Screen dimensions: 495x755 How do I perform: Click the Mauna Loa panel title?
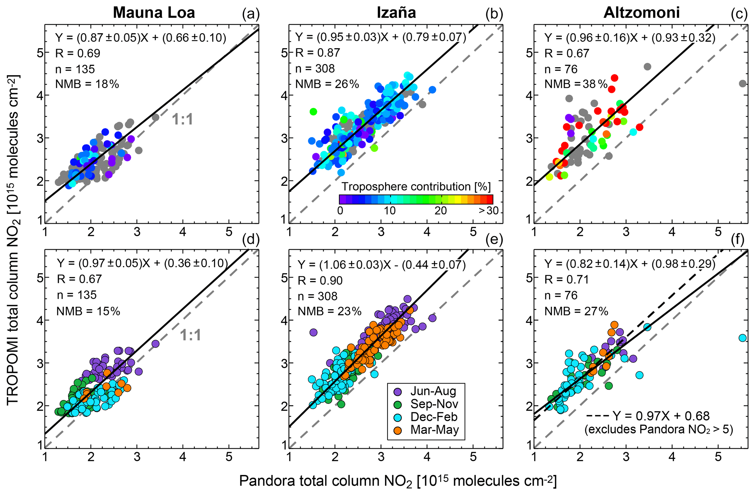coord(154,12)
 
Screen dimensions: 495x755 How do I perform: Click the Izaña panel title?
coord(396,12)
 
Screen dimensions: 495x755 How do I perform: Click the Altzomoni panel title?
coord(641,12)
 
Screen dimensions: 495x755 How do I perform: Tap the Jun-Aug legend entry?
coord(433,391)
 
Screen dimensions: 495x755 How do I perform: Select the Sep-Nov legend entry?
coord(434,404)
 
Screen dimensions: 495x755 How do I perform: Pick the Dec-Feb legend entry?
coord(434,417)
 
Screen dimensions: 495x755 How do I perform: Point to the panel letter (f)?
coord(738,239)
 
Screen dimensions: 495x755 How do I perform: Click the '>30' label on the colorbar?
coord(488,211)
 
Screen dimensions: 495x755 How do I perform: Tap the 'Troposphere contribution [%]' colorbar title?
coord(416,187)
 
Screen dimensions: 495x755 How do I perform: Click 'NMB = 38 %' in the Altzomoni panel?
coord(576,84)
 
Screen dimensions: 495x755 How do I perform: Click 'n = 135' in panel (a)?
coord(75,69)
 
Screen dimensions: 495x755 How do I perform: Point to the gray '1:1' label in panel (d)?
coord(191,335)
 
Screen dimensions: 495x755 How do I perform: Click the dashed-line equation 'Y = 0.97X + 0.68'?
coord(661,416)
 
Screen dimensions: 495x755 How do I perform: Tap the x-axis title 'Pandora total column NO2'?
coord(398,481)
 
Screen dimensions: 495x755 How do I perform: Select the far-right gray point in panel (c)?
coord(743,83)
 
